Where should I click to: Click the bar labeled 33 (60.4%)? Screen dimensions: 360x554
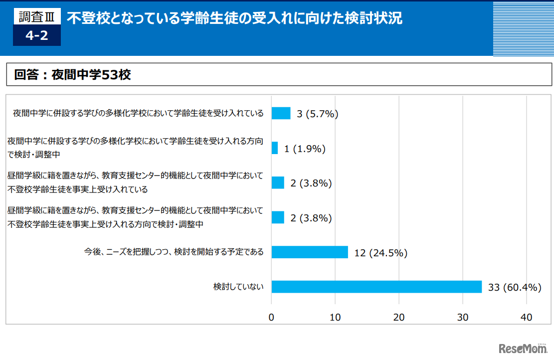(x=376, y=287)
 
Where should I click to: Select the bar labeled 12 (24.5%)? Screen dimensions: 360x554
(x=310, y=252)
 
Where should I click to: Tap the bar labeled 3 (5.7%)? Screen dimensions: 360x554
(x=281, y=113)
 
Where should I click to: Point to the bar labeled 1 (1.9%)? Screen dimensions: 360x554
(x=275, y=148)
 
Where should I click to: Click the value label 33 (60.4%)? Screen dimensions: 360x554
(x=515, y=287)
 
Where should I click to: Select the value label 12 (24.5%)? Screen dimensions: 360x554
(x=380, y=253)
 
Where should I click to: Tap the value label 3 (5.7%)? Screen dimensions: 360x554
(x=317, y=114)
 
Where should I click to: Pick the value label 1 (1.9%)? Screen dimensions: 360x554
(x=305, y=149)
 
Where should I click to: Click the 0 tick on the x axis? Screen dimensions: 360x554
(x=271, y=317)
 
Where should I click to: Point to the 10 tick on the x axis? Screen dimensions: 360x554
(x=335, y=317)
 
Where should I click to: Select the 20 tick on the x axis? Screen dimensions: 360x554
(x=399, y=317)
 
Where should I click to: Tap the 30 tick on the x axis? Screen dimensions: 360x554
(x=463, y=317)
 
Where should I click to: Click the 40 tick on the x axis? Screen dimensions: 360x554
(x=527, y=317)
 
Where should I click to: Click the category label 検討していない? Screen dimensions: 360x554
(x=238, y=287)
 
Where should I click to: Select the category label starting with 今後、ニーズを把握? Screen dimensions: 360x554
(x=174, y=252)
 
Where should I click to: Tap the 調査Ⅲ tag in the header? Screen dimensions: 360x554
(x=36, y=17)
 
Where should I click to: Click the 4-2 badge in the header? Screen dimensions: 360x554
(x=36, y=36)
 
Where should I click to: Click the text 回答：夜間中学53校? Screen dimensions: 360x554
(x=72, y=75)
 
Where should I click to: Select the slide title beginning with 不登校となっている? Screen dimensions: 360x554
(x=234, y=19)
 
